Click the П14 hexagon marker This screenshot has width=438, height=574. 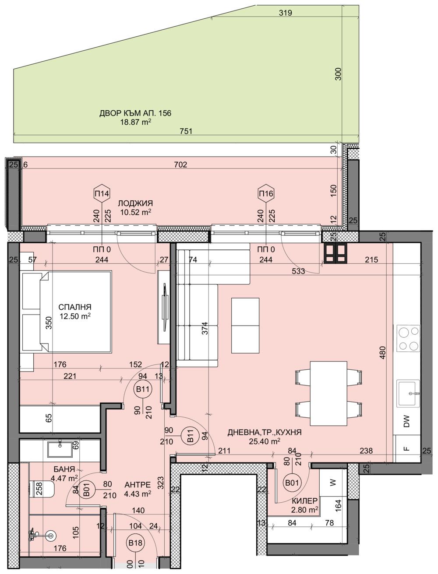[102, 193]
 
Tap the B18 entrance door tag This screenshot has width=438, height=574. [135, 543]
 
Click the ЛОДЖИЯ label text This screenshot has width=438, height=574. [135, 203]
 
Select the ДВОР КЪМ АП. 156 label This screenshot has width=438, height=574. [135, 113]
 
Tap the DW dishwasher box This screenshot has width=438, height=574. [407, 423]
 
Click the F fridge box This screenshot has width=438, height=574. [407, 449]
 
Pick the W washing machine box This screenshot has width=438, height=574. [333, 483]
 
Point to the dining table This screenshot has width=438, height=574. [328, 393]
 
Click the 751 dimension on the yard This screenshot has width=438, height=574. [185, 131]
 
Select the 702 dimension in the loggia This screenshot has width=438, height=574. [180, 165]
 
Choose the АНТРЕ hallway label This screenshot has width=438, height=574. [138, 485]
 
